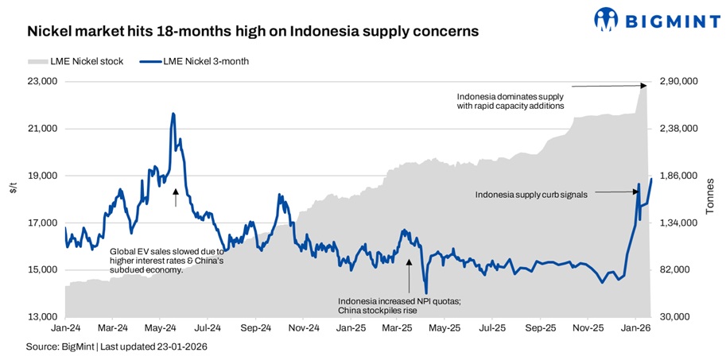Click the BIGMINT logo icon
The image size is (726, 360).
pos(606,19)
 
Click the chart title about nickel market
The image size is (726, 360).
pos(253,32)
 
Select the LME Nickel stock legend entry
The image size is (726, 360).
pos(76,61)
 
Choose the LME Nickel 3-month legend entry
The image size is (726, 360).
pos(194,61)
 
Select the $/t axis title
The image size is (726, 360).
pos(12,188)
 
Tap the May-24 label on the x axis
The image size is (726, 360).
pos(161,327)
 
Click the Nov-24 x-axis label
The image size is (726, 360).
pos(303,327)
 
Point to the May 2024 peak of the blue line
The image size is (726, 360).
pos(173,114)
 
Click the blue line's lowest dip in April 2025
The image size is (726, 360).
pos(426,292)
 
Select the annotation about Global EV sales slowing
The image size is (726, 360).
pos(168,260)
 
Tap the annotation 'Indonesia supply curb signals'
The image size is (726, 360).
pos(531,194)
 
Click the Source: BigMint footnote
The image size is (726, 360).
pos(110,346)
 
